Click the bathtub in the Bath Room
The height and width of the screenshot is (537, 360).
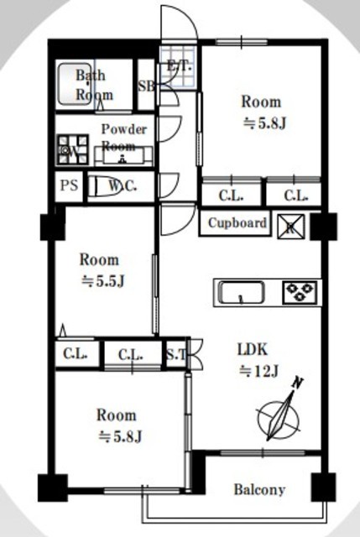coord(75,84)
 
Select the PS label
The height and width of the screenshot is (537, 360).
coord(69,186)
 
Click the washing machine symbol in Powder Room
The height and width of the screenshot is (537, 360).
coord(73,149)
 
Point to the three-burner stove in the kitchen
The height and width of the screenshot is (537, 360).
coord(300,292)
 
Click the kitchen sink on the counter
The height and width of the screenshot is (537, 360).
coord(241,292)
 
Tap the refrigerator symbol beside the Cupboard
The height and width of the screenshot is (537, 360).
coord(290,227)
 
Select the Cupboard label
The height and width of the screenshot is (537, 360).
coord(237,223)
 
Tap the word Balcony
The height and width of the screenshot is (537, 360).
coord(259,490)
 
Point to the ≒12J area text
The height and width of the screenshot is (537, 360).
coord(258,371)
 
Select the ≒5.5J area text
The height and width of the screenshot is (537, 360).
coord(102,282)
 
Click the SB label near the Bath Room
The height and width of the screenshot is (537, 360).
coord(146,86)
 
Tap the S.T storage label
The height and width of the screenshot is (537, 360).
coord(176,355)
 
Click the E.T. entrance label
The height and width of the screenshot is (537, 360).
coord(179,66)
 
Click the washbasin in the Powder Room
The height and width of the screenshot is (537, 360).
coord(123,156)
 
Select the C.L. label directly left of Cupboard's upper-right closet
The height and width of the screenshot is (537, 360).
coord(232,196)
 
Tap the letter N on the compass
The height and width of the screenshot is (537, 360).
coord(298,383)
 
